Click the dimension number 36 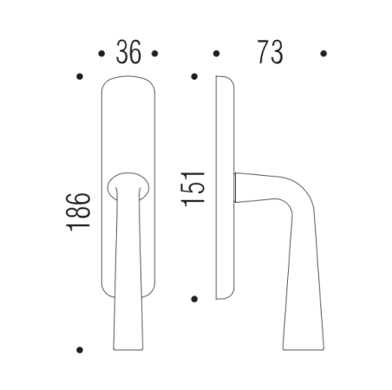click(x=129, y=54)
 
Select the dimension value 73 click(x=270, y=54)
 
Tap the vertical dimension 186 click(x=78, y=211)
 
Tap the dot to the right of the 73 click(x=323, y=54)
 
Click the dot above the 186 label click(x=79, y=77)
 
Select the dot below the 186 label click(x=79, y=350)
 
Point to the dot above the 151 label click(x=193, y=77)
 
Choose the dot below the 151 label click(x=193, y=299)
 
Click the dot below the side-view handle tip click(x=323, y=350)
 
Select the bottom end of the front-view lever click(x=129, y=347)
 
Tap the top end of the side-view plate click(x=222, y=79)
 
